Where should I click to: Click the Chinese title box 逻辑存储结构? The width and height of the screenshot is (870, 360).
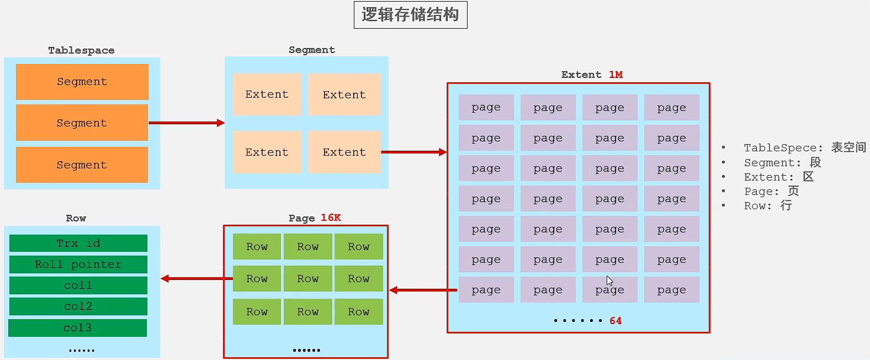(x=410, y=15)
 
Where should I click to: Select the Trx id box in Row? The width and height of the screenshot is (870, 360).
(x=78, y=243)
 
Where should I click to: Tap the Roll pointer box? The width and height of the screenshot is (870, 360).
(x=78, y=264)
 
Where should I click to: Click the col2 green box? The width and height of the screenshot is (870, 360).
(x=78, y=306)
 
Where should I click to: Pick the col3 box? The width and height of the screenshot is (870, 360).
(x=77, y=328)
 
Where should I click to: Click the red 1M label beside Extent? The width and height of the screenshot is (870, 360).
(x=616, y=75)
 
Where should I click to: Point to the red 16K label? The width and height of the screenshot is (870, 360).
(x=331, y=218)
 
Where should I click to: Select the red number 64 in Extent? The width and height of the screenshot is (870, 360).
(x=616, y=321)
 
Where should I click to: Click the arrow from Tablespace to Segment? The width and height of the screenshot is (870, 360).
(x=187, y=123)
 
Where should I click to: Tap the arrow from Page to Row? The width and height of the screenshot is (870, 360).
(x=197, y=278)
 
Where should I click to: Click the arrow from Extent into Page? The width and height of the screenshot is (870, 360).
(x=423, y=290)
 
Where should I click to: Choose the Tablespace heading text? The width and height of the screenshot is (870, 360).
(x=81, y=50)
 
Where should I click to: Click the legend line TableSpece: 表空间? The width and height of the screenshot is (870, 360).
(x=804, y=147)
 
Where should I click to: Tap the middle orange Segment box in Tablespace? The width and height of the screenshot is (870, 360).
(x=82, y=123)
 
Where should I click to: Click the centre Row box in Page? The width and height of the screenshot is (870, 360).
(x=307, y=279)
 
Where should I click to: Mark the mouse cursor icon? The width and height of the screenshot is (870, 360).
(x=609, y=280)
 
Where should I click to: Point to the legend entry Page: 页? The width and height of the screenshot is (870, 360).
(x=771, y=191)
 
